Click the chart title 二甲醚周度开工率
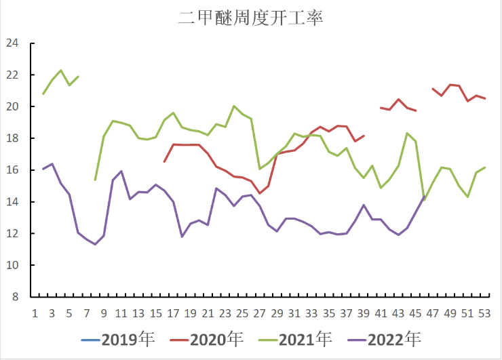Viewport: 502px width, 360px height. [x=250, y=18]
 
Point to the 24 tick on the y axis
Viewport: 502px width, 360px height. [x=12, y=43]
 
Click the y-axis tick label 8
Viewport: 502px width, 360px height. [x=14, y=297]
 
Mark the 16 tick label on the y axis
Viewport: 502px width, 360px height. [x=12, y=170]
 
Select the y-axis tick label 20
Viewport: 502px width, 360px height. [x=12, y=106]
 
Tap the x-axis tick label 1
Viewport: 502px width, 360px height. [x=35, y=313]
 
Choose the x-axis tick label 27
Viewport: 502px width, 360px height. [x=259, y=313]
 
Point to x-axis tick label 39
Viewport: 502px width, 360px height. [x=363, y=313]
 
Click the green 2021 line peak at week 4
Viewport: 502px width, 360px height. [x=61, y=71]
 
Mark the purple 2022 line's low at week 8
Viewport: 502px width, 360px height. [x=96, y=244]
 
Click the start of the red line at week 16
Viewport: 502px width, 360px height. [x=164, y=161]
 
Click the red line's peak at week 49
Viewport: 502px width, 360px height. [x=450, y=85]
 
